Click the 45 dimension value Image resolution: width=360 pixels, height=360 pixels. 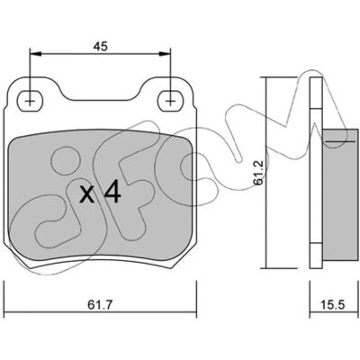click(x=100, y=47)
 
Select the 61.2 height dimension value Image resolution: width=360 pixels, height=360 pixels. click(x=259, y=172)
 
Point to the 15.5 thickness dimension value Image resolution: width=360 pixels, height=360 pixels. click(x=333, y=305)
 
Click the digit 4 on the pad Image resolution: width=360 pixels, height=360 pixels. click(x=112, y=193)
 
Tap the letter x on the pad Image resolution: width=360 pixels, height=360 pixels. click(x=87, y=195)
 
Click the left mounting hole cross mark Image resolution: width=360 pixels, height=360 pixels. click(x=30, y=102)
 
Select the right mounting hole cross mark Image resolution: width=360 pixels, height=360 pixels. click(x=170, y=102)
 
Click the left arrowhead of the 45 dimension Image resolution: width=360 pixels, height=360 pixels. click(x=35, y=54)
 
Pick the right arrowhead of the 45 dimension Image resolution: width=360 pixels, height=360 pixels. click(x=165, y=54)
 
